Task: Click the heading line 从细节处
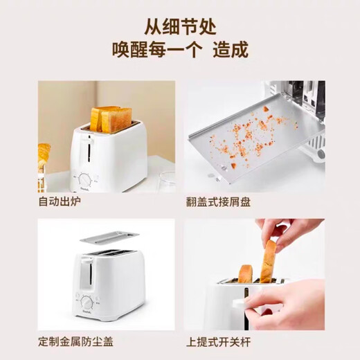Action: [180, 28]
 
